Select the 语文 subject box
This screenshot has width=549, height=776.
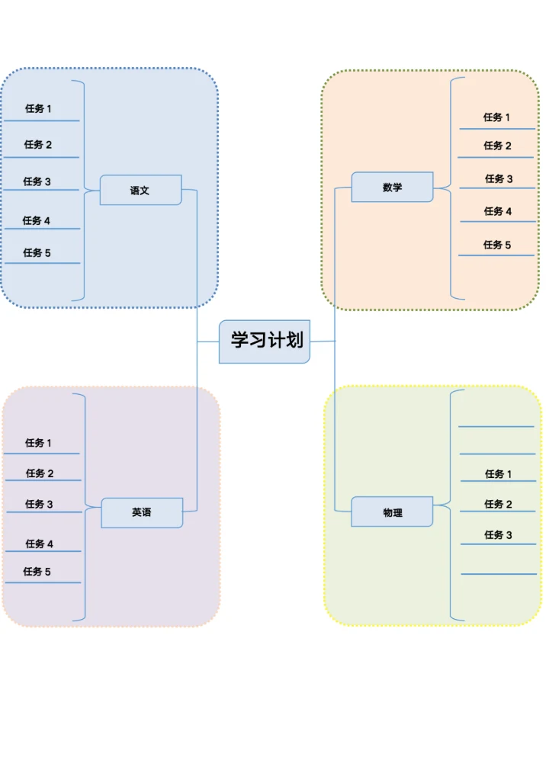140,191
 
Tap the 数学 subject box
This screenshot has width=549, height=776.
392,187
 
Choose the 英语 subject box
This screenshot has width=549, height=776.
142,513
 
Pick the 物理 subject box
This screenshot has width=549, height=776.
392,512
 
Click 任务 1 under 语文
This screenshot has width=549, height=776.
38,109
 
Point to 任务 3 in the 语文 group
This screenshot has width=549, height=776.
37,181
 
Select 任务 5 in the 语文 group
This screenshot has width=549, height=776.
37,253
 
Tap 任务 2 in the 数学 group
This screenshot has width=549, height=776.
497,146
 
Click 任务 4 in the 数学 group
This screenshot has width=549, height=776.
498,211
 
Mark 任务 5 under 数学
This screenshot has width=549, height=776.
497,245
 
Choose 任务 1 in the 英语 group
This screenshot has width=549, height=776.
38,443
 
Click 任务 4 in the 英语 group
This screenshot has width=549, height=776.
39,544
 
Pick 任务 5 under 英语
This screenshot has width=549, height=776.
37,572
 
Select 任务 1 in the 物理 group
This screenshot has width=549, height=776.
499,474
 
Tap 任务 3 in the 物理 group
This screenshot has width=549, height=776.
499,535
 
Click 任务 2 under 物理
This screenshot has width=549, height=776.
499,504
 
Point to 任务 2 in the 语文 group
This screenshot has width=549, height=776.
38,145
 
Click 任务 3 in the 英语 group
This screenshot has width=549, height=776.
39,504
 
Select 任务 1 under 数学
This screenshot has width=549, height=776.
496,117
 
